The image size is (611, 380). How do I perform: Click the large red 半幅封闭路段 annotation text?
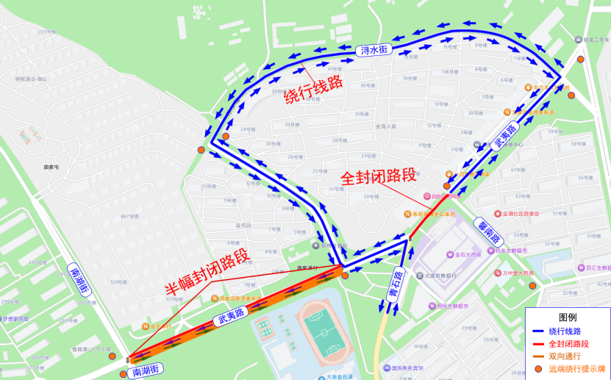point(207,274)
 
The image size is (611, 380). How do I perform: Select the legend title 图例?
point(568,318)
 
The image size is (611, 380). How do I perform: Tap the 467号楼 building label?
point(129,216)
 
